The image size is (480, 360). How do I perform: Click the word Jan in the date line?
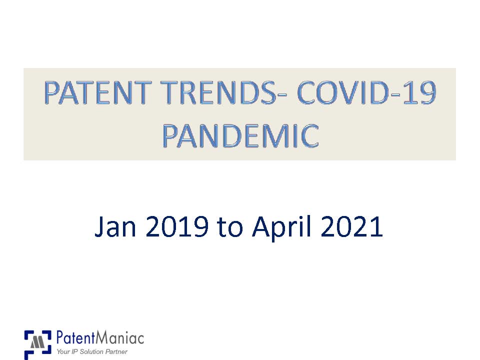(x=117, y=227)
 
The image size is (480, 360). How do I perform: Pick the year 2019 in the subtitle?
(x=177, y=227)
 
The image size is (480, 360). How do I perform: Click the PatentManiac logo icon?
(x=37, y=344)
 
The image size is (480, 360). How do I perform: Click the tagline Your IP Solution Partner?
(x=92, y=352)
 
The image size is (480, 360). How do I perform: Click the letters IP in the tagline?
(x=73, y=352)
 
